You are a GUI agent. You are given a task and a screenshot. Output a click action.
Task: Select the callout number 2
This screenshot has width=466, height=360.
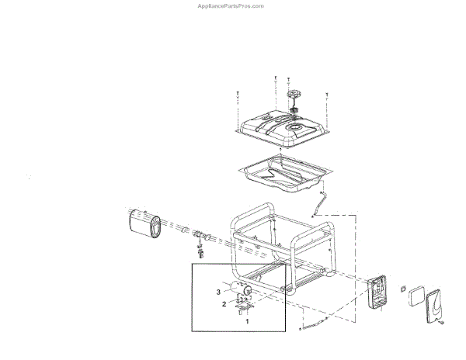click(224, 304)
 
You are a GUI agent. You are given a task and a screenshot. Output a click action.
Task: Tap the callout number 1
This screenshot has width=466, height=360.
click(247, 320)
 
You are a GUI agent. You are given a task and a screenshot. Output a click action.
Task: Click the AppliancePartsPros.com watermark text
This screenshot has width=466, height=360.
click(231, 5)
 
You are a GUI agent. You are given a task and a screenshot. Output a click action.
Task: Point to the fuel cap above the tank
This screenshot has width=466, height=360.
click(295, 94)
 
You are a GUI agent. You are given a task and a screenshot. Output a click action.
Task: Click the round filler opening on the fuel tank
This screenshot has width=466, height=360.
click(295, 125)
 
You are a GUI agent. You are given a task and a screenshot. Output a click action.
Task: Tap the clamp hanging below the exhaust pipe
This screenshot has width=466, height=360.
click(200, 250)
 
